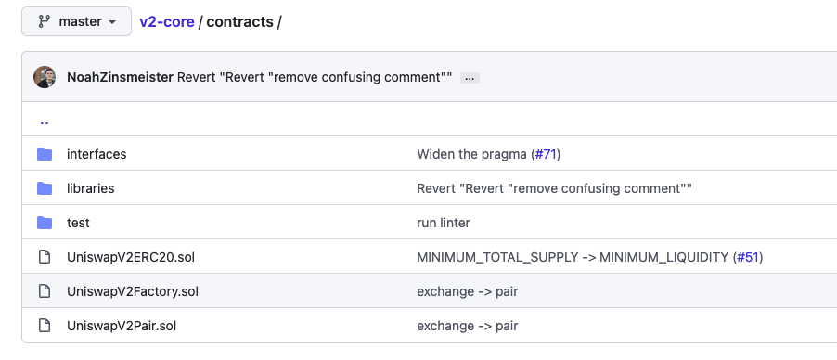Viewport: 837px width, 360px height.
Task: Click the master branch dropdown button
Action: coord(76,21)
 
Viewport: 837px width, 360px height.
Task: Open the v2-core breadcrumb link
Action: coord(166,22)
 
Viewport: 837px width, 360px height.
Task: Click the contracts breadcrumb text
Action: coord(239,22)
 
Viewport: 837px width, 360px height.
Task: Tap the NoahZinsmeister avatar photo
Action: coord(45,77)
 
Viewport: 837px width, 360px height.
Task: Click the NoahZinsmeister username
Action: coord(120,77)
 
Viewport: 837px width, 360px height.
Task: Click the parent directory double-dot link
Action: coord(45,122)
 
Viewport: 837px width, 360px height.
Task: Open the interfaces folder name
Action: coord(97,154)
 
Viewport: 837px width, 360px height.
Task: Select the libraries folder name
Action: coord(90,188)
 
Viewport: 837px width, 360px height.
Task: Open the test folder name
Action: coord(78,223)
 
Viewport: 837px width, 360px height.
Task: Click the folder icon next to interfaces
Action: coord(45,154)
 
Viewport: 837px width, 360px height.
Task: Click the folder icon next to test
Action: coord(45,223)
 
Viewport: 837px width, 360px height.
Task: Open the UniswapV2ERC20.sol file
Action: coord(131,257)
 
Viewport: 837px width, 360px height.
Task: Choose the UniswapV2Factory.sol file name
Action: coord(133,291)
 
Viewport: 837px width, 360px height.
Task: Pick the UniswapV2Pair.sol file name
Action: coord(122,326)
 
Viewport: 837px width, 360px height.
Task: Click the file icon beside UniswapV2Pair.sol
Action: coord(45,326)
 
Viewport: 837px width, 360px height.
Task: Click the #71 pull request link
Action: coord(546,154)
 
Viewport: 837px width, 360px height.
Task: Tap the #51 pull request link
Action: coord(748,257)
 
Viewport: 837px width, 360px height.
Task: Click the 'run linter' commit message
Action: coord(444,223)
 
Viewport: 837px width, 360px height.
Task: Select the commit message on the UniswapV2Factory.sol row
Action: coord(468,291)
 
